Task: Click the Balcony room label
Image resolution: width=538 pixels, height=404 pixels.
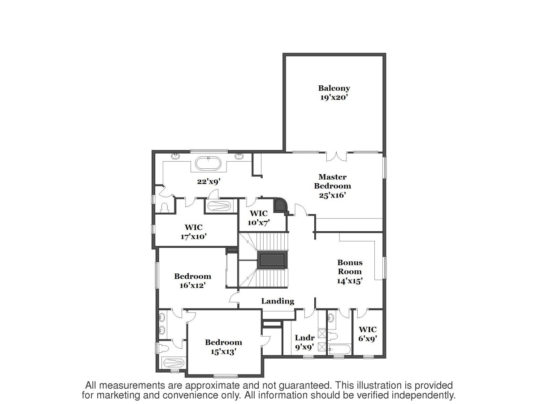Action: point(334,88)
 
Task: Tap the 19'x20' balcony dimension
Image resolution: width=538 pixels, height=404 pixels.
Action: point(334,97)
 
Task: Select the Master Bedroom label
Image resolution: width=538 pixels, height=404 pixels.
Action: point(332,181)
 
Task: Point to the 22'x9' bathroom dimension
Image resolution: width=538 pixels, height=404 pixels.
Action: point(209,181)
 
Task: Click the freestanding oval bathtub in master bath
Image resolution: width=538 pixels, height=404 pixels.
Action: point(208,163)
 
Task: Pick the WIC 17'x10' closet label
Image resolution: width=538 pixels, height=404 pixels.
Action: point(194,232)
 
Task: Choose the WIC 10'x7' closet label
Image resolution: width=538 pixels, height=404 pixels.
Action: point(259,218)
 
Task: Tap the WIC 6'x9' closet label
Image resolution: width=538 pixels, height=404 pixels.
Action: point(367,334)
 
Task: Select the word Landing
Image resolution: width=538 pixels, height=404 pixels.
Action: point(278,301)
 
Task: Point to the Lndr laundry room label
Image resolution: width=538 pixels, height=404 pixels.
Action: point(305,338)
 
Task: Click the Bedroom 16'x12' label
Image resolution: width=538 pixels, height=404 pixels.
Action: point(193,281)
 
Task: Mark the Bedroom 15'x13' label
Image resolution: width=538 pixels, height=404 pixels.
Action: point(224,347)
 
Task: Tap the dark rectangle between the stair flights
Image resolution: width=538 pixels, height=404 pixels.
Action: point(272,260)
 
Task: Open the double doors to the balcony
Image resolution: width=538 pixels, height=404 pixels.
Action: point(337,157)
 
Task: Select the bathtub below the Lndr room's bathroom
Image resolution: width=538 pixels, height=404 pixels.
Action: point(339,349)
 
